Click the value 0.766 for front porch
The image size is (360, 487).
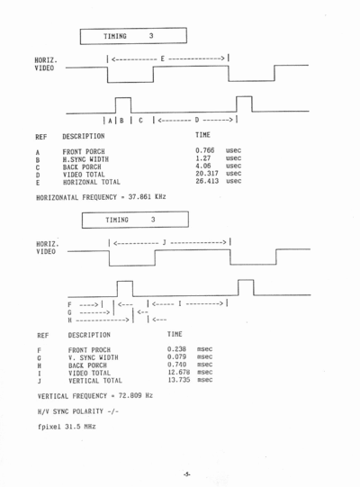(x=204, y=150)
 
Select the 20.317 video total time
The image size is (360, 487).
(x=207, y=174)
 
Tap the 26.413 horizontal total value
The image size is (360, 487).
(x=207, y=181)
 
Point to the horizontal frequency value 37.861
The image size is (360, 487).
(x=139, y=196)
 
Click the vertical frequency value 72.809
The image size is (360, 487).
(x=130, y=395)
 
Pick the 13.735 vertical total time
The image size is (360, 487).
(x=178, y=380)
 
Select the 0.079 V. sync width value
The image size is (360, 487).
(x=176, y=356)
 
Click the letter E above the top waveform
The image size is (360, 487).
(x=162, y=59)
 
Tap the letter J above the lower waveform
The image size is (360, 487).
(x=164, y=242)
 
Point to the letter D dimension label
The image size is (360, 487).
(x=196, y=120)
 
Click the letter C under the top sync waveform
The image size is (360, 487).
(x=140, y=121)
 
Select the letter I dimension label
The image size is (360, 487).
(x=179, y=303)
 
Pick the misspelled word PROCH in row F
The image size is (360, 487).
(x=101, y=350)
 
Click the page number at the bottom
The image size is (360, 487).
(x=186, y=474)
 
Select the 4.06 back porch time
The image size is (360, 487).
(x=202, y=166)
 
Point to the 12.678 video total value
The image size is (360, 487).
(x=178, y=372)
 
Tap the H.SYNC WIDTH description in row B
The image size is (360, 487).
(x=85, y=159)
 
